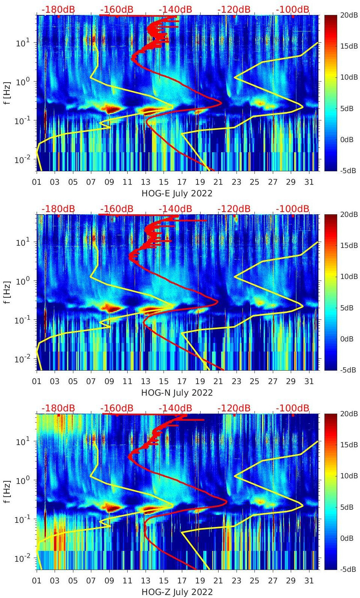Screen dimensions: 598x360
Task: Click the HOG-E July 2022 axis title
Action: (x=177, y=193)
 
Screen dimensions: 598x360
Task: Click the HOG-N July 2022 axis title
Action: (x=177, y=393)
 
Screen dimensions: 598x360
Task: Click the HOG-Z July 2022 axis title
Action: (x=177, y=592)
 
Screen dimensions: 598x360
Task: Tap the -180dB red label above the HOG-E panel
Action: (x=58, y=9)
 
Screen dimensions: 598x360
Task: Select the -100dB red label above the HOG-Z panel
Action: (x=293, y=408)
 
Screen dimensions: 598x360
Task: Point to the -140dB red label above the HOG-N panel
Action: (x=175, y=209)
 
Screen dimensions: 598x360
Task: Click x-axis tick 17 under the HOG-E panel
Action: (x=182, y=182)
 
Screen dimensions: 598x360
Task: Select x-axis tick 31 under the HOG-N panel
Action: (x=309, y=381)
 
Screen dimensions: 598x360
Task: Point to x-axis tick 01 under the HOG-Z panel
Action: (x=37, y=581)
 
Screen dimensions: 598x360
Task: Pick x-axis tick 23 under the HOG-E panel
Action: (x=236, y=182)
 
